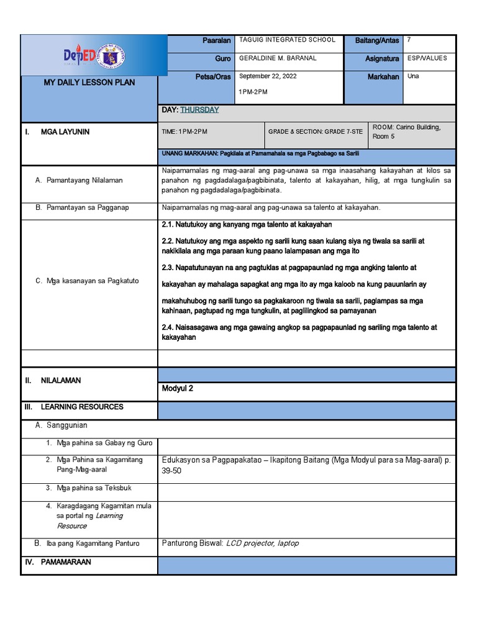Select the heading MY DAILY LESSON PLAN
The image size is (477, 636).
(89, 83)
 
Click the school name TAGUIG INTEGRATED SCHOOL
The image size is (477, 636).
(287, 40)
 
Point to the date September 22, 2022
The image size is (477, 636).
(268, 76)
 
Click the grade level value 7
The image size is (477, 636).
(409, 40)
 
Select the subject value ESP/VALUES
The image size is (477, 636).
(427, 58)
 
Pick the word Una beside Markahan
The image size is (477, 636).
(413, 76)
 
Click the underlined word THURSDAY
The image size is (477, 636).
(199, 110)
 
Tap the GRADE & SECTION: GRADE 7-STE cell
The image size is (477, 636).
(316, 132)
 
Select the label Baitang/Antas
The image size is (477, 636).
(377, 40)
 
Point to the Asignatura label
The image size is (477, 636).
(382, 59)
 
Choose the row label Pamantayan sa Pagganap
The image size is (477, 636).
(88, 207)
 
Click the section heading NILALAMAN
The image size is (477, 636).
(61, 381)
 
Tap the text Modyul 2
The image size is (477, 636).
(178, 389)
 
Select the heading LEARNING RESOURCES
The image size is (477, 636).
(82, 407)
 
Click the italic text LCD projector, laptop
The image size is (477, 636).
(262, 543)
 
